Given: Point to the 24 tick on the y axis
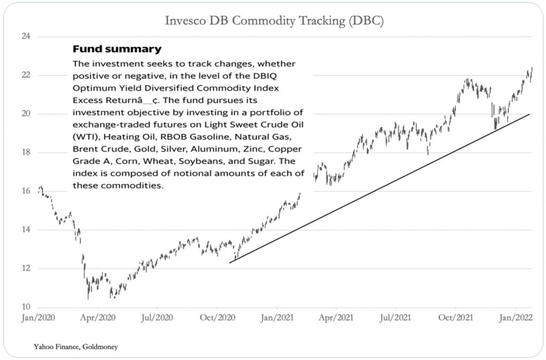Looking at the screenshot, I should point(26,36).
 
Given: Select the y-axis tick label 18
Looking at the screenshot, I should point(26,153).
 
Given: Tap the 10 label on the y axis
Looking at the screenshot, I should point(26,307).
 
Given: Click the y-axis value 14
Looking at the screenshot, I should point(26,230).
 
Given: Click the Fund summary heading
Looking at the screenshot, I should point(117,50).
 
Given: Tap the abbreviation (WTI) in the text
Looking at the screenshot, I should point(84,137).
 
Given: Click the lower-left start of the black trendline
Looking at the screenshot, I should point(230,262).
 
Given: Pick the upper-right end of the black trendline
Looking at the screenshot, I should point(529,114).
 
